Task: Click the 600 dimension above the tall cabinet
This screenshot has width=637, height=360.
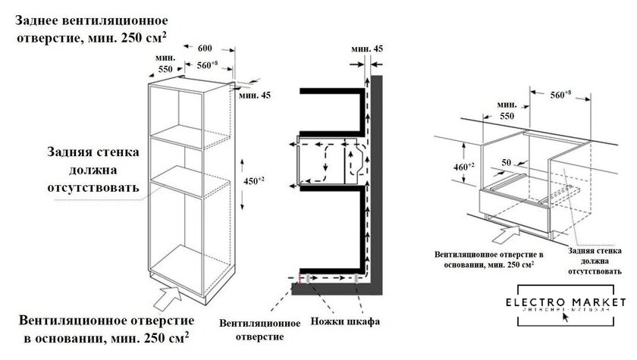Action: click(205, 47)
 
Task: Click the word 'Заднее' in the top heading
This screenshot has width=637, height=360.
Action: click(40, 20)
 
